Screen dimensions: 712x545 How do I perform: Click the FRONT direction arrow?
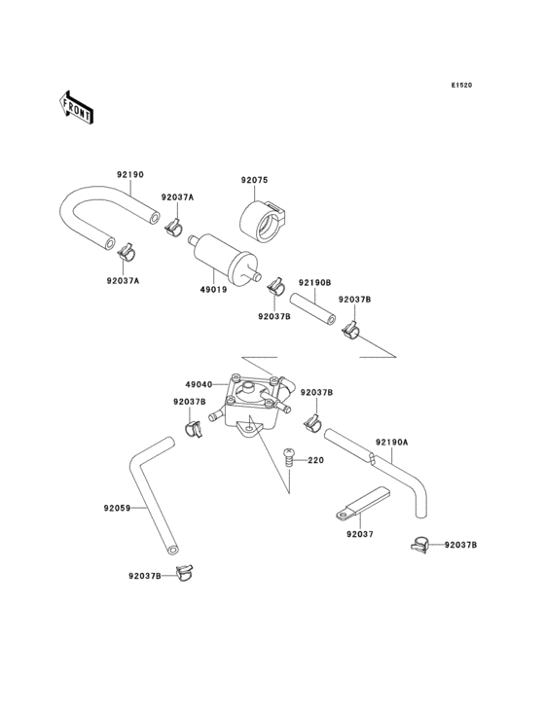(77, 106)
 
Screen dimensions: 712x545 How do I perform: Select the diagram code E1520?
(461, 86)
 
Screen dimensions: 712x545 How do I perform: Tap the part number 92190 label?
(130, 175)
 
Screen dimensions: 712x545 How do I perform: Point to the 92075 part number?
(255, 179)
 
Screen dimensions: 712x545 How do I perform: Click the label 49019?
(214, 289)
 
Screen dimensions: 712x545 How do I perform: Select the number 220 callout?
(315, 460)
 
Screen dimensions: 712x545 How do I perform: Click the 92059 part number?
(117, 507)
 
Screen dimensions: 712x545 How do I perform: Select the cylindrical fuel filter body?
(223, 256)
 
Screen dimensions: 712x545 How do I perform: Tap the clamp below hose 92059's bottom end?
(177, 571)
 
